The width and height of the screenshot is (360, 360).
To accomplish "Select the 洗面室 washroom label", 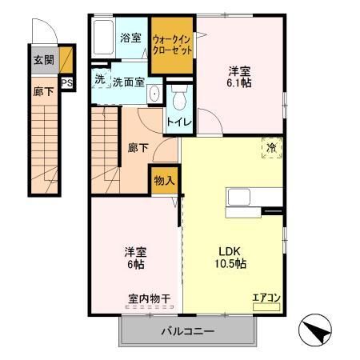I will (x=127, y=81).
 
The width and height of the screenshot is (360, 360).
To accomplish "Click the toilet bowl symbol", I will (x=179, y=99).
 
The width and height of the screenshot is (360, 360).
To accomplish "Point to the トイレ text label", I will (x=177, y=123).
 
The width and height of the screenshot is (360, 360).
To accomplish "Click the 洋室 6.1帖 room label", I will (x=241, y=76).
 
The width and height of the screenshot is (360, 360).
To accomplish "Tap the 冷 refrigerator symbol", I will (x=271, y=147).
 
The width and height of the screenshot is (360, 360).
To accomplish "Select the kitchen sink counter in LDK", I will (x=254, y=197).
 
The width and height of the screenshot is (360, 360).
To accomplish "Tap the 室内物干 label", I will (x=148, y=299).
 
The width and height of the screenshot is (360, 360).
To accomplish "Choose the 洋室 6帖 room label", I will (x=134, y=256).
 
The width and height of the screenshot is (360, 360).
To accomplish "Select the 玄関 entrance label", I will (x=43, y=59).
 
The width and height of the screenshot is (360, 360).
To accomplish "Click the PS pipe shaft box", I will (x=66, y=81).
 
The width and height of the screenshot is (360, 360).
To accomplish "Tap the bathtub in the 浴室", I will (x=104, y=37).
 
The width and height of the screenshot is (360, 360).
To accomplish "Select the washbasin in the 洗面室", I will (x=154, y=94).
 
